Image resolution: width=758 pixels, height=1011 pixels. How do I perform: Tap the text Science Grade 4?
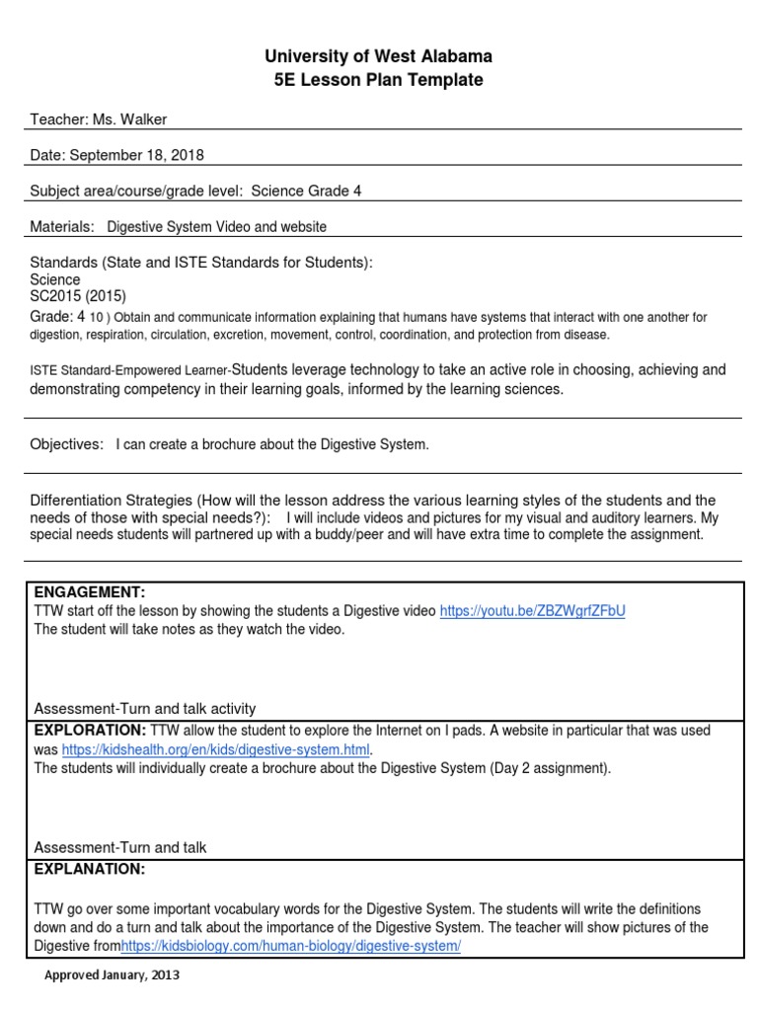point(306,191)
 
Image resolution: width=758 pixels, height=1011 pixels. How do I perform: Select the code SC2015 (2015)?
point(78,295)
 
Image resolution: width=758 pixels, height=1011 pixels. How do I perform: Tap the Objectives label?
point(66,444)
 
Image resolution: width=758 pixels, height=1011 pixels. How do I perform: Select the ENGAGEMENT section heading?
point(90,592)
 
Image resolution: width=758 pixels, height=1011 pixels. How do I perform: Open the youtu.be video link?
point(532,611)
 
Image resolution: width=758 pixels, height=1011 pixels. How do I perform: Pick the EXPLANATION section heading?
point(90,869)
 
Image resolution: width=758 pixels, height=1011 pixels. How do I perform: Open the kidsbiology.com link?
point(291,946)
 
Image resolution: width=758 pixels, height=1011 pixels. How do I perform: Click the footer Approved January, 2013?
point(113,974)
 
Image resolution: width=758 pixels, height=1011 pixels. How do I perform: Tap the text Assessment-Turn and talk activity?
point(145,708)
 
